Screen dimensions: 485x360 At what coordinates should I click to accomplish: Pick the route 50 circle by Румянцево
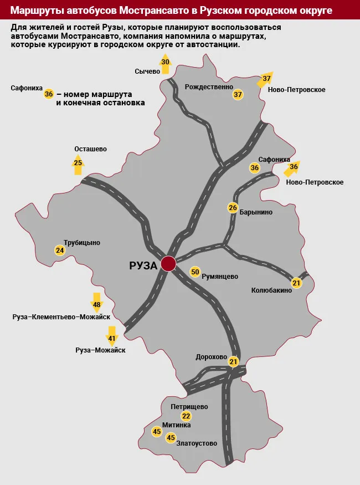(x=195, y=272)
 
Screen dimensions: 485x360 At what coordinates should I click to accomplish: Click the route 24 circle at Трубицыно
(x=60, y=251)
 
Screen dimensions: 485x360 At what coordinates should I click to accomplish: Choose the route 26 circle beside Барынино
(x=233, y=208)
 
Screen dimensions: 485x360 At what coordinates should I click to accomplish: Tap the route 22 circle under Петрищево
(x=186, y=416)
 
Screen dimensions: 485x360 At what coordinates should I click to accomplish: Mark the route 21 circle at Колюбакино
(x=296, y=283)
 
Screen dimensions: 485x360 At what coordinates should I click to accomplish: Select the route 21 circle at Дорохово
(x=233, y=362)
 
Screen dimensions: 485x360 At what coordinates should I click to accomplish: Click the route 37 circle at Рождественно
(x=238, y=94)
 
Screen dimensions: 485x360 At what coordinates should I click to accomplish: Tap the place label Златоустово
(x=197, y=443)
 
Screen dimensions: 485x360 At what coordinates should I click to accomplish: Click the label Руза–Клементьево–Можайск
(x=61, y=317)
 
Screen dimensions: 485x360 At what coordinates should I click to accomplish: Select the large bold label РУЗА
(x=143, y=266)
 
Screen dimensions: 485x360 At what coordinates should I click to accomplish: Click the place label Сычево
(x=147, y=71)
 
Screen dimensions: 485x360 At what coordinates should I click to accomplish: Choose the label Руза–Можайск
(x=100, y=350)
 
